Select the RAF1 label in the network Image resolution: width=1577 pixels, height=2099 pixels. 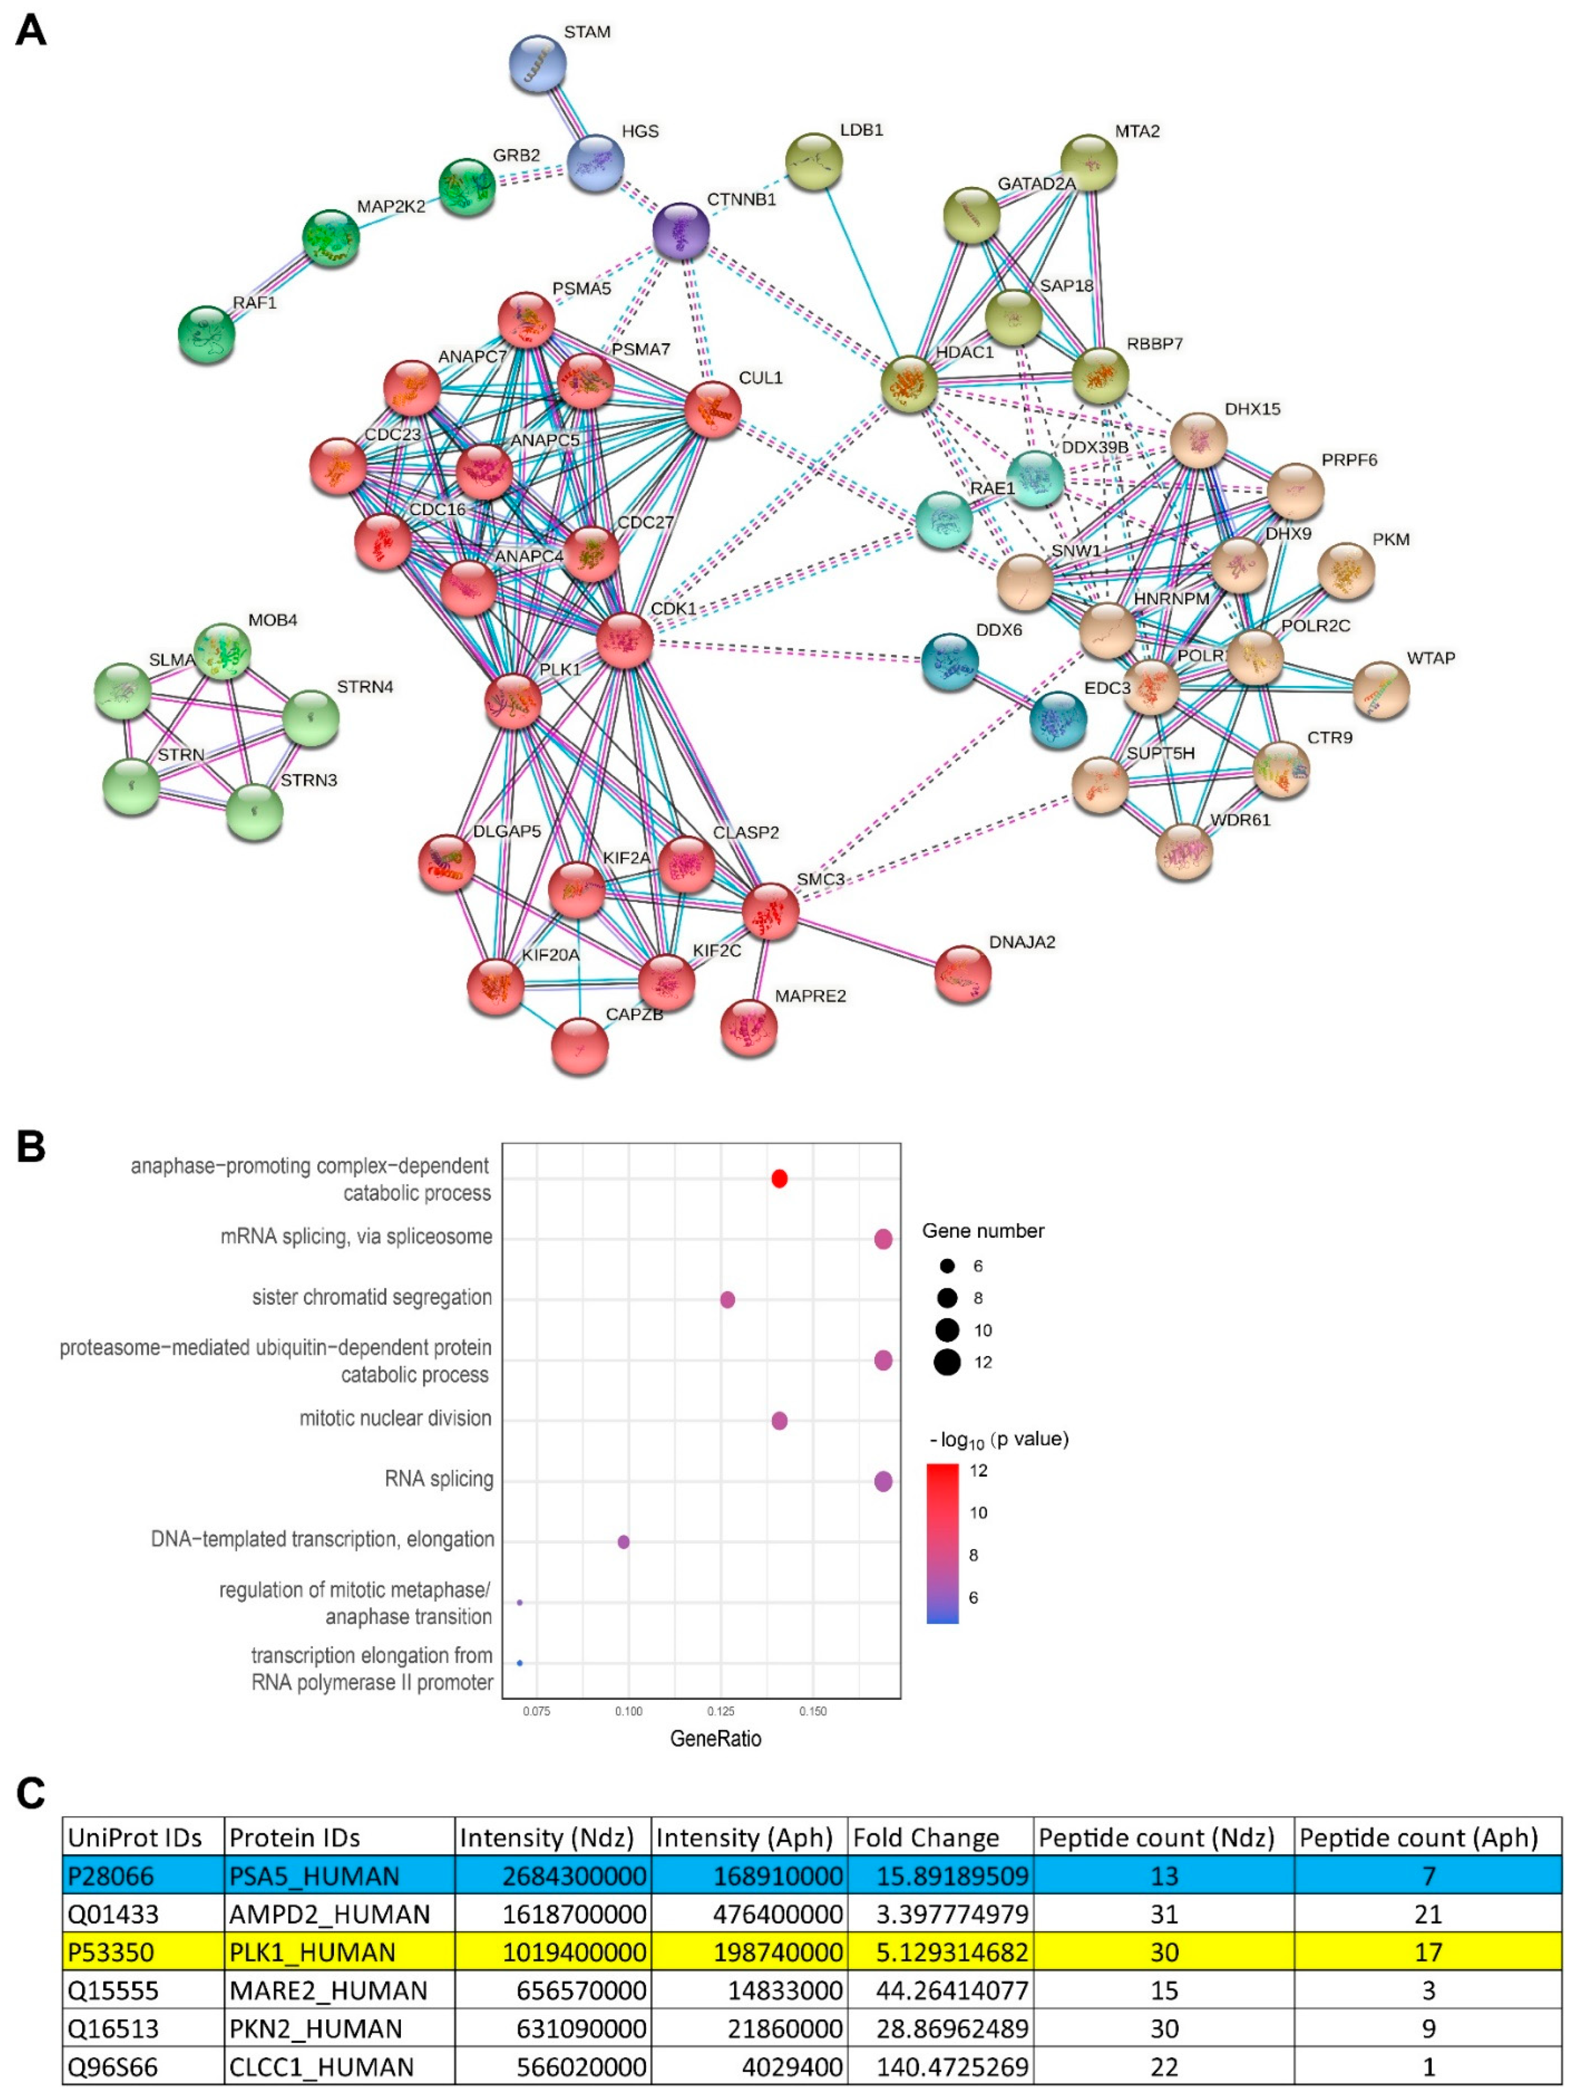click(254, 302)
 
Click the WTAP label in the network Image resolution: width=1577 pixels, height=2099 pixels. click(1430, 659)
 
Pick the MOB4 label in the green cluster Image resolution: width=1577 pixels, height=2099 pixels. click(272, 620)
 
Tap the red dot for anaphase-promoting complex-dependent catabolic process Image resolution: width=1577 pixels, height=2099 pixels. click(779, 1179)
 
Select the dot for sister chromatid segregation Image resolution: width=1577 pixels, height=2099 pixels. click(727, 1299)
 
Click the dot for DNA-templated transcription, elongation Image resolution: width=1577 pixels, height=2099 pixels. click(623, 1542)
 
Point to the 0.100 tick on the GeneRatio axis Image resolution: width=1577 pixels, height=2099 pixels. click(628, 1711)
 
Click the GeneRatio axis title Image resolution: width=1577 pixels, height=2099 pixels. click(715, 1738)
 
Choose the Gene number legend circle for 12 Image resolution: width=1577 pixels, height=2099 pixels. click(947, 1363)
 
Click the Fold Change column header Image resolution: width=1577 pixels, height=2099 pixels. click(925, 1838)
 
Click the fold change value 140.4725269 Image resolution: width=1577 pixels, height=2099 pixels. click(952, 2067)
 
